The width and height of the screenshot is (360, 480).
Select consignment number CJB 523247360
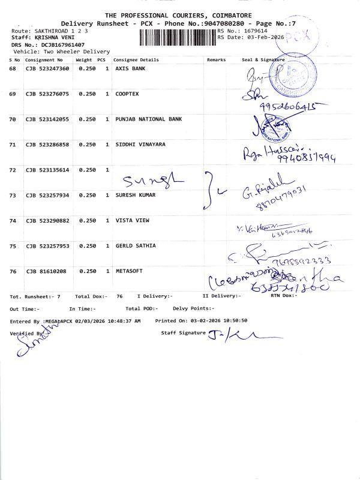tap(47, 69)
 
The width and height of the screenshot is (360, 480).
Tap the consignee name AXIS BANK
tap(130, 69)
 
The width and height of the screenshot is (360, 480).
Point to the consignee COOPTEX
tap(127, 94)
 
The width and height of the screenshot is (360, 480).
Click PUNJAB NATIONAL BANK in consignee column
tap(148, 119)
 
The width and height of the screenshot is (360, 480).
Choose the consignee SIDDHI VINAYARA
tap(140, 145)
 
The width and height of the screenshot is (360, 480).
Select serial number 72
tap(14, 170)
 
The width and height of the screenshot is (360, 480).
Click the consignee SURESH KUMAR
tap(135, 195)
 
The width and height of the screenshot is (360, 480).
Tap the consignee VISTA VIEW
tap(133, 221)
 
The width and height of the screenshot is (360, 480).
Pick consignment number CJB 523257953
tap(47, 246)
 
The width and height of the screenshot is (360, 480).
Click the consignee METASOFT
tap(129, 271)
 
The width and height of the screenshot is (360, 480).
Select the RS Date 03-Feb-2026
tap(263, 37)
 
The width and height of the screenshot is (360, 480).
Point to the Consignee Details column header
tap(136, 60)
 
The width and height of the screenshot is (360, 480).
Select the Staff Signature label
tap(183, 332)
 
